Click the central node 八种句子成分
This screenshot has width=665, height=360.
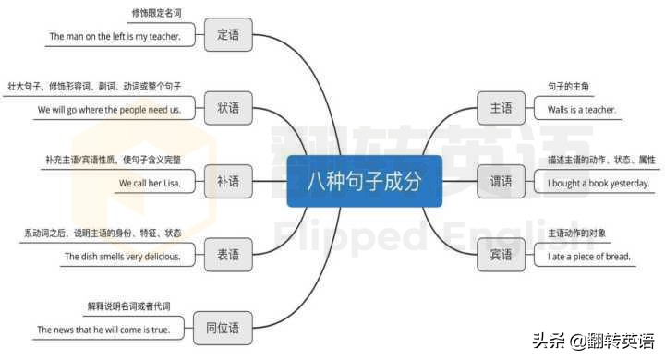tap(364, 182)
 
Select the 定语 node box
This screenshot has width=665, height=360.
tap(227, 34)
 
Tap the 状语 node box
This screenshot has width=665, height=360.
tap(227, 108)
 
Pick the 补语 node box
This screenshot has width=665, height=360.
tap(227, 182)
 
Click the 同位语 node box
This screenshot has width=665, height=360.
tap(221, 327)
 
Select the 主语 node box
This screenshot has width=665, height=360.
tap(501, 108)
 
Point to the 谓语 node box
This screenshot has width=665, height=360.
tap(501, 182)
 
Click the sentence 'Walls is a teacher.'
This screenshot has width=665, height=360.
tap(581, 110)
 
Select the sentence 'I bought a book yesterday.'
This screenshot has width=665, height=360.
tap(598, 184)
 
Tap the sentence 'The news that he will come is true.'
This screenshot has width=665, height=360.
tap(103, 330)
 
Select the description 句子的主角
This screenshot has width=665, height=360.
tap(568, 87)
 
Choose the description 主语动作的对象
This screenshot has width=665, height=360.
tap(576, 233)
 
